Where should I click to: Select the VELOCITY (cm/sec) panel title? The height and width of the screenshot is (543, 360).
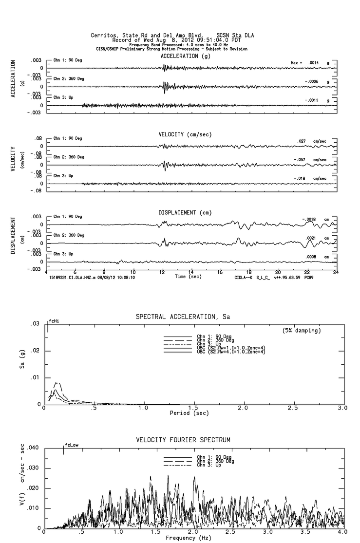pos(185,134)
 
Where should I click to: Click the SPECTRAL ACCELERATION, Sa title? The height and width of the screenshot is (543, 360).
pos(183,317)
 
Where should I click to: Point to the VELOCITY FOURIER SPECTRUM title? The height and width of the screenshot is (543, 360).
pos(183,440)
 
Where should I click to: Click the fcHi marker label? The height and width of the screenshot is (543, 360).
pos(54,321)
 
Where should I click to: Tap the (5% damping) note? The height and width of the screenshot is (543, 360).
pos(302,331)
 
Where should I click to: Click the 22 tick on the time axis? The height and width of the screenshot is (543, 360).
pos(307,272)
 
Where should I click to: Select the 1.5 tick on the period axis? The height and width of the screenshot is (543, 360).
pos(193,408)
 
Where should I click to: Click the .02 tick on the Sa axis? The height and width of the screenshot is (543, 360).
pos(36,351)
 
